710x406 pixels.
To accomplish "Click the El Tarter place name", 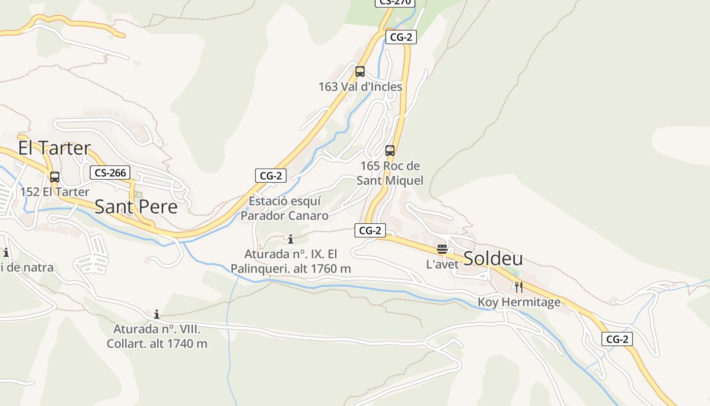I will click(54, 148).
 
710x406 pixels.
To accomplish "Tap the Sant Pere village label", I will click(136, 207).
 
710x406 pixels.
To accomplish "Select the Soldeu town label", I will click(493, 258).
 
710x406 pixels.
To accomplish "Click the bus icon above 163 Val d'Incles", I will click(360, 72).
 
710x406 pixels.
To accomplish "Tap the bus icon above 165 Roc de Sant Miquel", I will click(389, 151).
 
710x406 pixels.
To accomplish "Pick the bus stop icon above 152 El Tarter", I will click(55, 177).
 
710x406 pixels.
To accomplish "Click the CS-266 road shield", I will click(110, 173).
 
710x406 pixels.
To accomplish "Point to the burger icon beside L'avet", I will click(442, 249).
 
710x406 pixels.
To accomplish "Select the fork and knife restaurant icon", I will click(518, 287).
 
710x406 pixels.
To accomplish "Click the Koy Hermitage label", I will click(519, 302).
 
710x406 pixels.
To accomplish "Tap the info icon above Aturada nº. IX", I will click(291, 239).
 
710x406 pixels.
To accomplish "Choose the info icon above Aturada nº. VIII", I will click(157, 314).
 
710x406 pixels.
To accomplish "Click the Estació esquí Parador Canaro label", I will click(285, 209).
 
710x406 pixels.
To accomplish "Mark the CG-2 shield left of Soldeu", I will click(370, 230).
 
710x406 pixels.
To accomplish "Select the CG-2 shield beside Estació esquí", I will click(271, 176).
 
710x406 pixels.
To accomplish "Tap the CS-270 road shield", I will click(395, 2).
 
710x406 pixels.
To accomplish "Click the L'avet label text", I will click(442, 264).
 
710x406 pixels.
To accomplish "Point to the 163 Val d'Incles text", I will click(360, 87).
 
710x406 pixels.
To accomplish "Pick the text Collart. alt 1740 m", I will click(157, 344).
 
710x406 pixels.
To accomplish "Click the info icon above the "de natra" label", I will click(6, 252).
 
